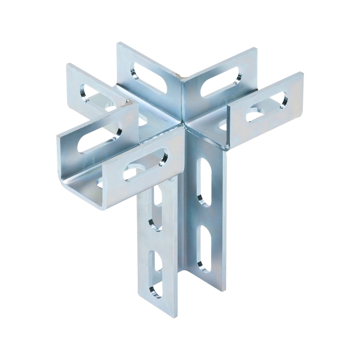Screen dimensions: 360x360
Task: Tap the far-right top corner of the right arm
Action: [302, 73]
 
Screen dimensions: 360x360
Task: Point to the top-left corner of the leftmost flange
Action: [68, 65]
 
